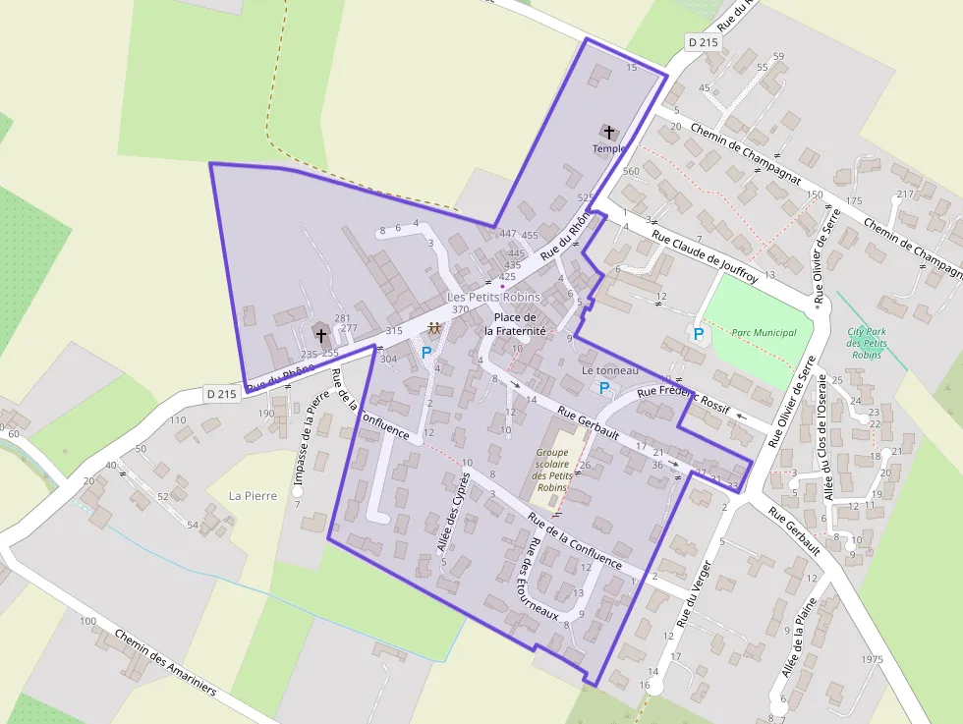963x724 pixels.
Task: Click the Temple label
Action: [x=608, y=148]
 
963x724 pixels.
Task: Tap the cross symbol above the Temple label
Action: [x=608, y=132]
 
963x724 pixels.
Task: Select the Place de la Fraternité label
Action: [x=515, y=324]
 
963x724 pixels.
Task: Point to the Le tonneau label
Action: [x=610, y=370]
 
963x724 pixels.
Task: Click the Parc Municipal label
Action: [x=764, y=332]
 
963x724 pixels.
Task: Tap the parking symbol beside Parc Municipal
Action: [x=699, y=334]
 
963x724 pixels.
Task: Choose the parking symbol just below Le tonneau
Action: [x=604, y=388]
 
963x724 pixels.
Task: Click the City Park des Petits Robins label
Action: [x=867, y=343]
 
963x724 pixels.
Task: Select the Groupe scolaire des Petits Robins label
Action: [x=552, y=470]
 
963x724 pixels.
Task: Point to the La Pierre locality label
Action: [x=249, y=494]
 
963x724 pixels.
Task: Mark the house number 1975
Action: [x=871, y=658]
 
